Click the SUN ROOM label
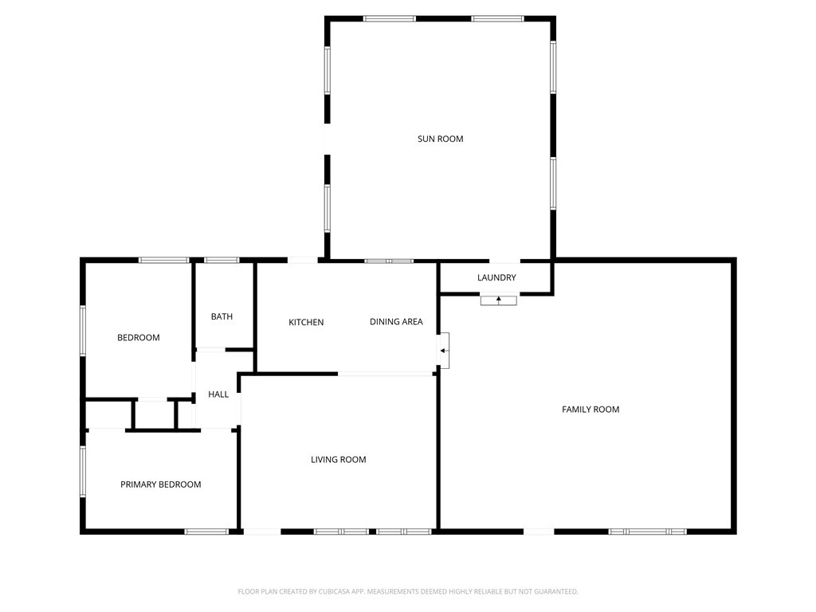[x=440, y=139]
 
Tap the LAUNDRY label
[x=496, y=277]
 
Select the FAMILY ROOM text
[x=590, y=409]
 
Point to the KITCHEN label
[x=306, y=322]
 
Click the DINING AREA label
[x=396, y=322]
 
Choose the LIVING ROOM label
[x=339, y=459]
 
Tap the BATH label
[x=222, y=316]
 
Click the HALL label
[x=218, y=394]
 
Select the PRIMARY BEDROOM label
[x=160, y=484]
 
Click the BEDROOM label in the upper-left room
[x=139, y=337]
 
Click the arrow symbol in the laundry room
[x=498, y=300]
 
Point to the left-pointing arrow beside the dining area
[x=443, y=351]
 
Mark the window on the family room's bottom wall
[x=647, y=531]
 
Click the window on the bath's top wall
[x=222, y=260]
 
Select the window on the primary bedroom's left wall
[x=82, y=472]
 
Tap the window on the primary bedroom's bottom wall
[x=206, y=531]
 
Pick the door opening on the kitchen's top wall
[x=303, y=260]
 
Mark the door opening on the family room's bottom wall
[x=539, y=531]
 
